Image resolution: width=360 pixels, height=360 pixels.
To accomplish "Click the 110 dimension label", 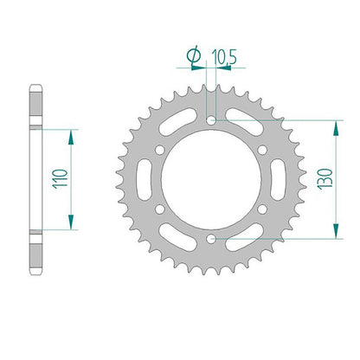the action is [x=61, y=179].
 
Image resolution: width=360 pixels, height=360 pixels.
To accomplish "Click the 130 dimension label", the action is [x=325, y=179].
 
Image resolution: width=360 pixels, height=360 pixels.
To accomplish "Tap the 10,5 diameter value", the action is [x=224, y=56].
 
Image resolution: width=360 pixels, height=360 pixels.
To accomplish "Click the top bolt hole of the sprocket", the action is [x=212, y=120].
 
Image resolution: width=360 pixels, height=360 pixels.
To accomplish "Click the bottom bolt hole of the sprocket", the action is [x=212, y=239].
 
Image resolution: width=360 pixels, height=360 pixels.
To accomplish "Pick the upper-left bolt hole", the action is [x=160, y=150].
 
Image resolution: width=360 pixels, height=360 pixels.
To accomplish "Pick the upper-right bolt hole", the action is [x=262, y=150].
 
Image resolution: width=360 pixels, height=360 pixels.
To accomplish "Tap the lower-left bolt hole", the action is [x=159, y=209].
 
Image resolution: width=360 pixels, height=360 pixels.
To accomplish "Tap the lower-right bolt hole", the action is [x=262, y=209].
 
